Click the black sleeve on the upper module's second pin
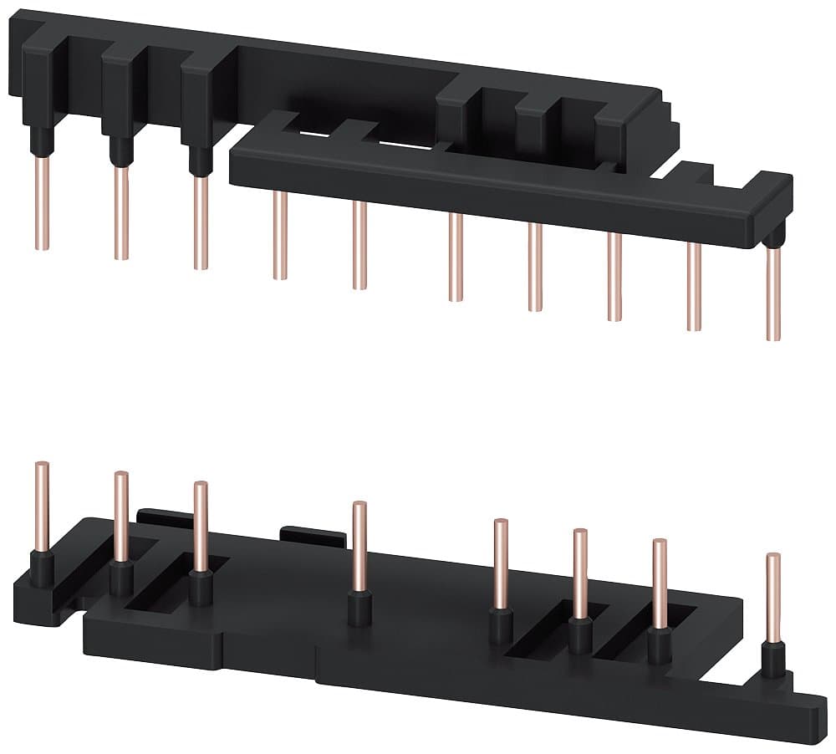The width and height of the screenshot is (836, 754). pos(121,151)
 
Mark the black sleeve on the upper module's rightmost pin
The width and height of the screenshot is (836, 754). pos(773,239)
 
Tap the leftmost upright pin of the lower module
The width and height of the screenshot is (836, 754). pos(42,507)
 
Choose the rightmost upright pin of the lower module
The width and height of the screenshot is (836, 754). pos(773,597)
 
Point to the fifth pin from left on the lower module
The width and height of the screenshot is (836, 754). pos(501,563)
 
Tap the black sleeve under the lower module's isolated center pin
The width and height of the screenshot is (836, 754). pos(359,608)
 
